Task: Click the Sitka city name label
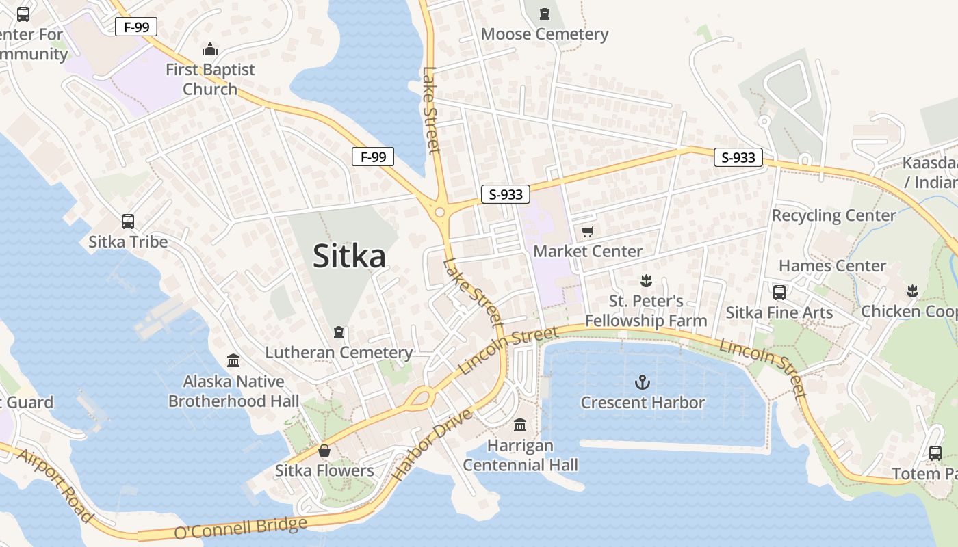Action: (x=349, y=256)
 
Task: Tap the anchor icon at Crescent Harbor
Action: (x=642, y=382)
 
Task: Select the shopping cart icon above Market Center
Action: (x=587, y=232)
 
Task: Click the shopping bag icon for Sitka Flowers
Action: (x=324, y=451)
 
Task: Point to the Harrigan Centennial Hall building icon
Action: (x=520, y=425)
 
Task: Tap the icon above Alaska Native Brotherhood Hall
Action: (x=233, y=360)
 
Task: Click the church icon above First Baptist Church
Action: (x=210, y=49)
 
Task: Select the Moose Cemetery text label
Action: (x=545, y=34)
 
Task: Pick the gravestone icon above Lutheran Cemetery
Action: (x=338, y=333)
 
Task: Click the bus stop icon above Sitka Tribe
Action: (x=128, y=222)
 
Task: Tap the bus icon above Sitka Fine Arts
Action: (x=779, y=293)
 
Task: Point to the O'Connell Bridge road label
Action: (x=240, y=528)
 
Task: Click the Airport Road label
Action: (x=55, y=486)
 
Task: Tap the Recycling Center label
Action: (x=833, y=215)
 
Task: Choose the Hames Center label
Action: (x=832, y=265)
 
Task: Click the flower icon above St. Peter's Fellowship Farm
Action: (x=645, y=280)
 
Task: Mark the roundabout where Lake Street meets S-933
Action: (x=439, y=213)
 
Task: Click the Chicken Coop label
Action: (x=909, y=311)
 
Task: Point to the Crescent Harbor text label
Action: (x=643, y=403)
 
